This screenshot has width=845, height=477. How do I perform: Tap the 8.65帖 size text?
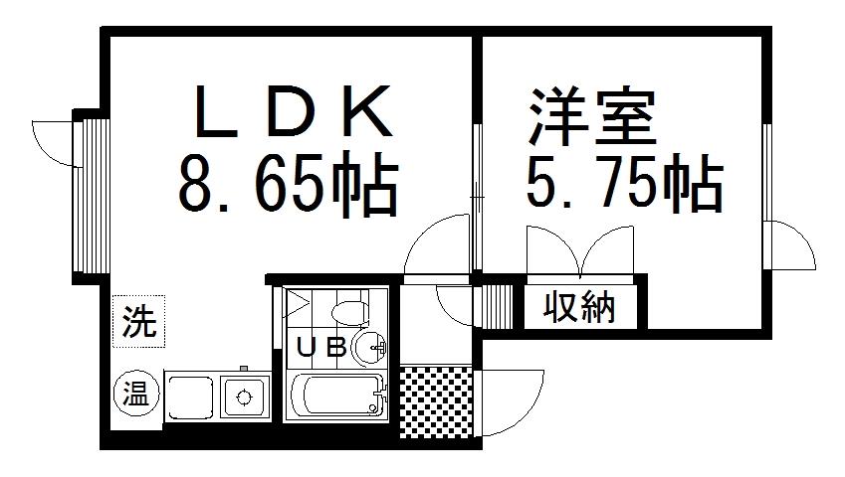click(289, 186)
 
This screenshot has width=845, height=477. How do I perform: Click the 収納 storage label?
click(580, 309)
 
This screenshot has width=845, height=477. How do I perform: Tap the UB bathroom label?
click(322, 347)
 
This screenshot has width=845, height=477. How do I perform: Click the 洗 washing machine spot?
click(138, 322)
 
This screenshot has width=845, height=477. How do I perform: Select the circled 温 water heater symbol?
click(132, 394)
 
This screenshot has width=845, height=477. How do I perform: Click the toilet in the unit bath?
click(347, 311)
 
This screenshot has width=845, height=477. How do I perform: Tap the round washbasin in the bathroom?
click(370, 347)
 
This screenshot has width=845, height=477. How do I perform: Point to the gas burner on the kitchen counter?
click(242, 397)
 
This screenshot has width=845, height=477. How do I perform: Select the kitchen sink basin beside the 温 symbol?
click(190, 397)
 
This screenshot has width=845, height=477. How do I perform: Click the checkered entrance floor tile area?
click(436, 401)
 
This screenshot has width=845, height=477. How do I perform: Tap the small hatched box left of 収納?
click(497, 304)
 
